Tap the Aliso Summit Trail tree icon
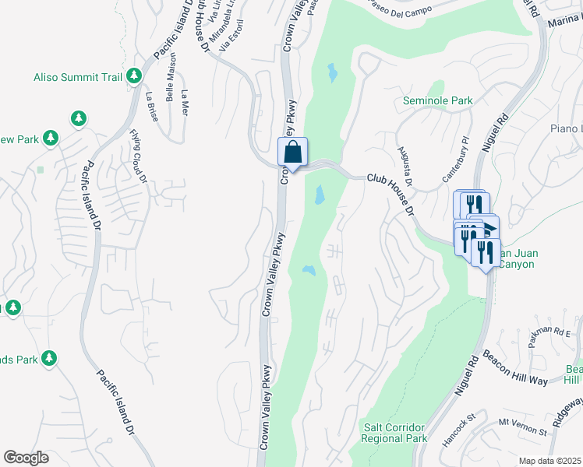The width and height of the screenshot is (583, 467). [x=135, y=75]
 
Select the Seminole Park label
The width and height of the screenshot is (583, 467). [x=438, y=100]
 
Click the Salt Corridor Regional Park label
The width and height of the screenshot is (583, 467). [x=395, y=433]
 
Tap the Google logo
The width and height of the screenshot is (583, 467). [x=26, y=458]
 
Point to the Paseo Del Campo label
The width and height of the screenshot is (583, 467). [x=397, y=12]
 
